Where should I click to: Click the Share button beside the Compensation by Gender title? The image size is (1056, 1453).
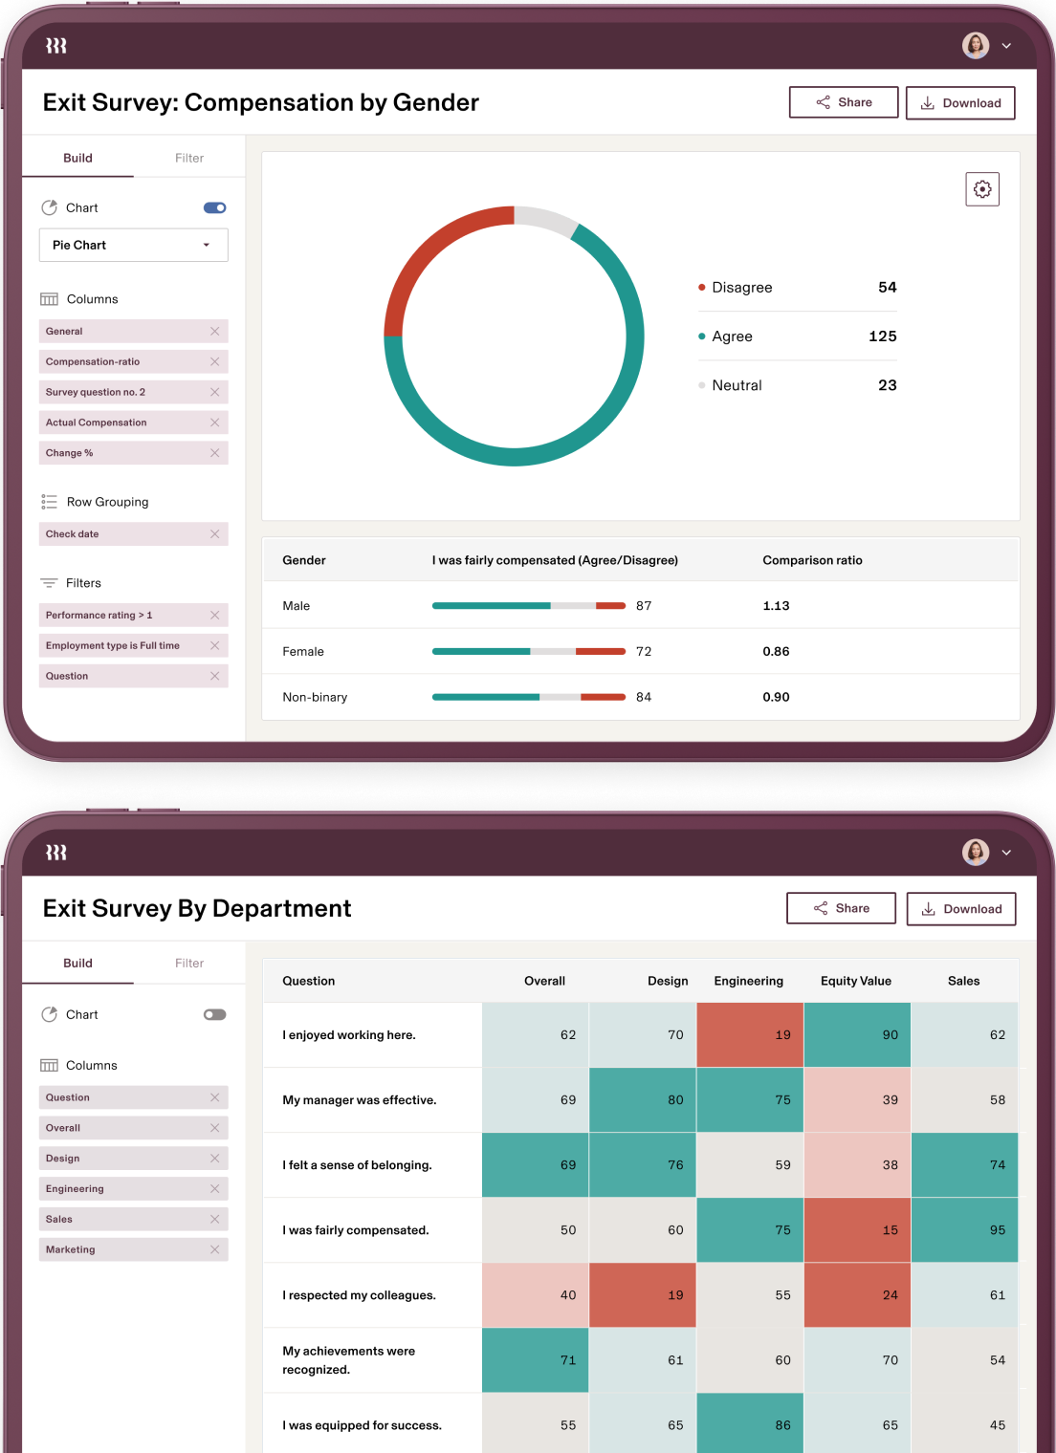[843, 102]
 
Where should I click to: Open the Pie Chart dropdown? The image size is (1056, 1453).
[133, 245]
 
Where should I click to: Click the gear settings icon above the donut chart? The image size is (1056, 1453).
[982, 189]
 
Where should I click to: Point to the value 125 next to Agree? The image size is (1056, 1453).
[882, 336]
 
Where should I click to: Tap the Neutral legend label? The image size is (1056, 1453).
[737, 385]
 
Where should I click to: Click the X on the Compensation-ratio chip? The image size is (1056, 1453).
[214, 361]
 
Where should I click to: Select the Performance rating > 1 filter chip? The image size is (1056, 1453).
[99, 616]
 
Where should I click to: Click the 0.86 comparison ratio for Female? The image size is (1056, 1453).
[776, 652]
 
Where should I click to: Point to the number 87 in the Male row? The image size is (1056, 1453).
[644, 606]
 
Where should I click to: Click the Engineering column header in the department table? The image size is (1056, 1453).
[748, 981]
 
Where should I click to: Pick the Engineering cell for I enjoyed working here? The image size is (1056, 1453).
[750, 1035]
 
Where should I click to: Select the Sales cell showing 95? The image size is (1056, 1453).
[964, 1230]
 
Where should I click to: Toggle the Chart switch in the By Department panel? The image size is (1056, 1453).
[214, 1014]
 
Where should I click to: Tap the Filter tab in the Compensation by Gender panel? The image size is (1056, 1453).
[189, 158]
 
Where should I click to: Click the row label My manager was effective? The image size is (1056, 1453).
[359, 1100]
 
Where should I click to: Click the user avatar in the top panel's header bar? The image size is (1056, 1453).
[975, 46]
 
